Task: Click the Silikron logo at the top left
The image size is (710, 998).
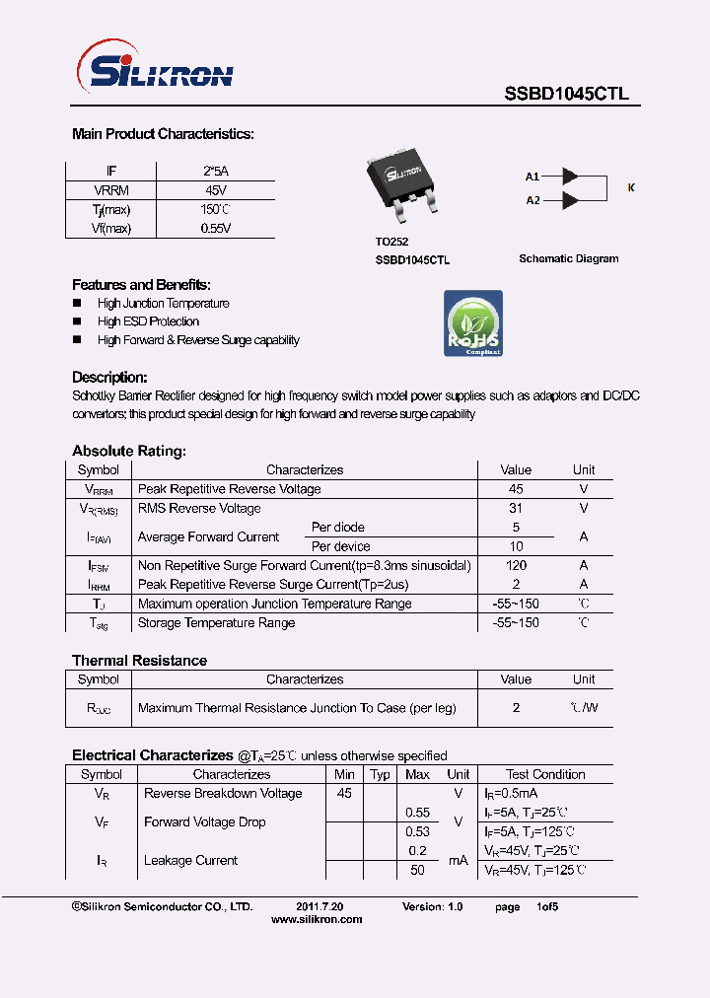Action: [x=155, y=72]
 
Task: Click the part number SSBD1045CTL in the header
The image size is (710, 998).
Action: [x=566, y=95]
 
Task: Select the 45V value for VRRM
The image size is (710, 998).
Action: [x=215, y=190]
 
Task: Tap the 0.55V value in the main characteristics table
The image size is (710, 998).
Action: [x=215, y=228]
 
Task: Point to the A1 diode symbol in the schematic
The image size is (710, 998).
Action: [x=570, y=177]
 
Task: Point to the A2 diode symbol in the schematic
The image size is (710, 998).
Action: [x=570, y=200]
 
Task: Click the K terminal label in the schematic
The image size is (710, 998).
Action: [x=631, y=187]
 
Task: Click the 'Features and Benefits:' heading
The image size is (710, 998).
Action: [x=141, y=284]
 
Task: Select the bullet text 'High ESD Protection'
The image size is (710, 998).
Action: [x=148, y=321]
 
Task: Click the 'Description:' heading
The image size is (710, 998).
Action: [x=109, y=377]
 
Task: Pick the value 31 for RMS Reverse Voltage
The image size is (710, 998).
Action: [x=516, y=509]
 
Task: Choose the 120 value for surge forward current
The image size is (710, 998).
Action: [x=516, y=566]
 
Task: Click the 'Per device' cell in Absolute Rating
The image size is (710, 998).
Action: [x=341, y=546]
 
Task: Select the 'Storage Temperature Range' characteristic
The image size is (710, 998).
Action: [x=216, y=623]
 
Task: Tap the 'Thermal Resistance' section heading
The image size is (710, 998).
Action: [x=139, y=661]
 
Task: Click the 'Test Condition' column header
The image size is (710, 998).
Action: [x=545, y=775]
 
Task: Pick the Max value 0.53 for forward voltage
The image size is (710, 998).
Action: [x=418, y=832]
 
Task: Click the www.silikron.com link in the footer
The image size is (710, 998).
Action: [x=317, y=919]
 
